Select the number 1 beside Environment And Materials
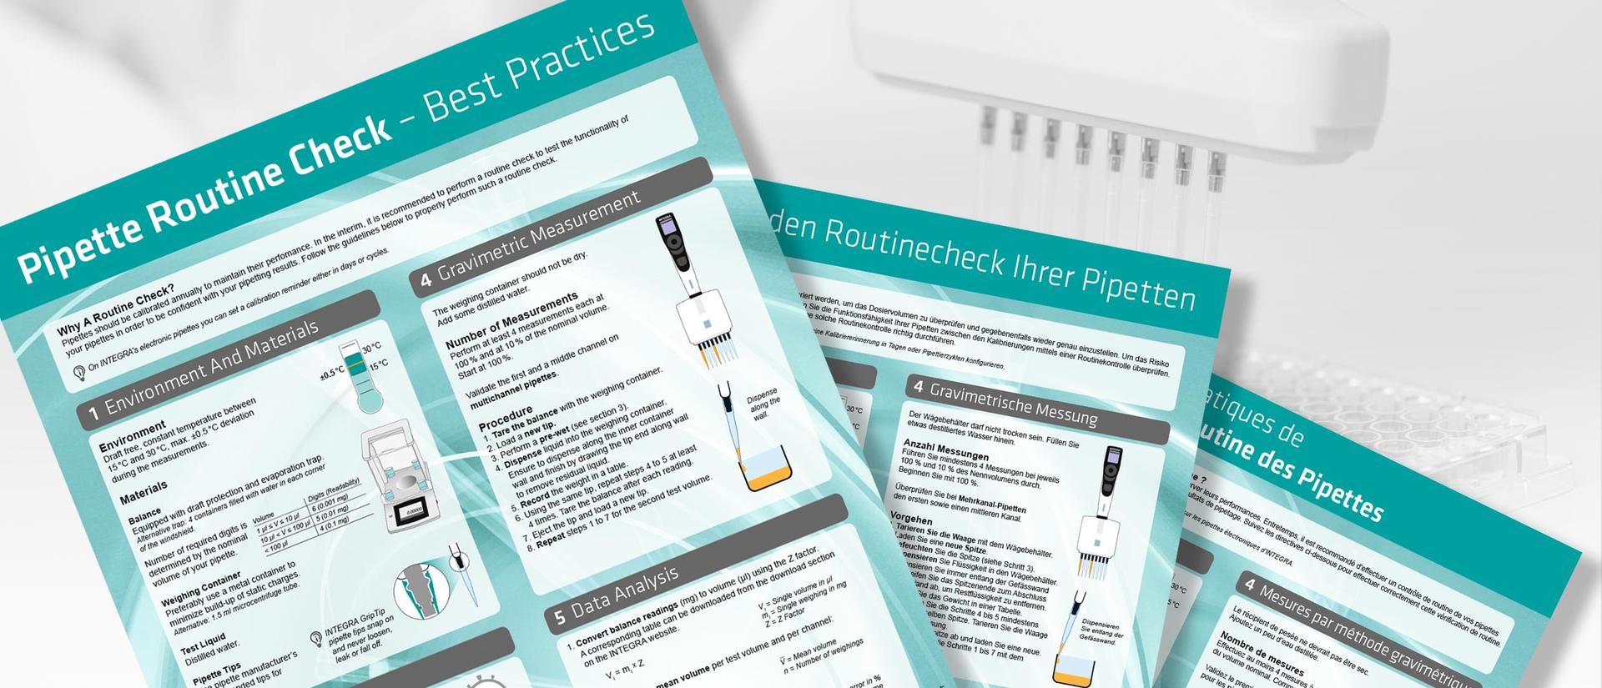tap(95, 411)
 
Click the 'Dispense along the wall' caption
tap(763, 403)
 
